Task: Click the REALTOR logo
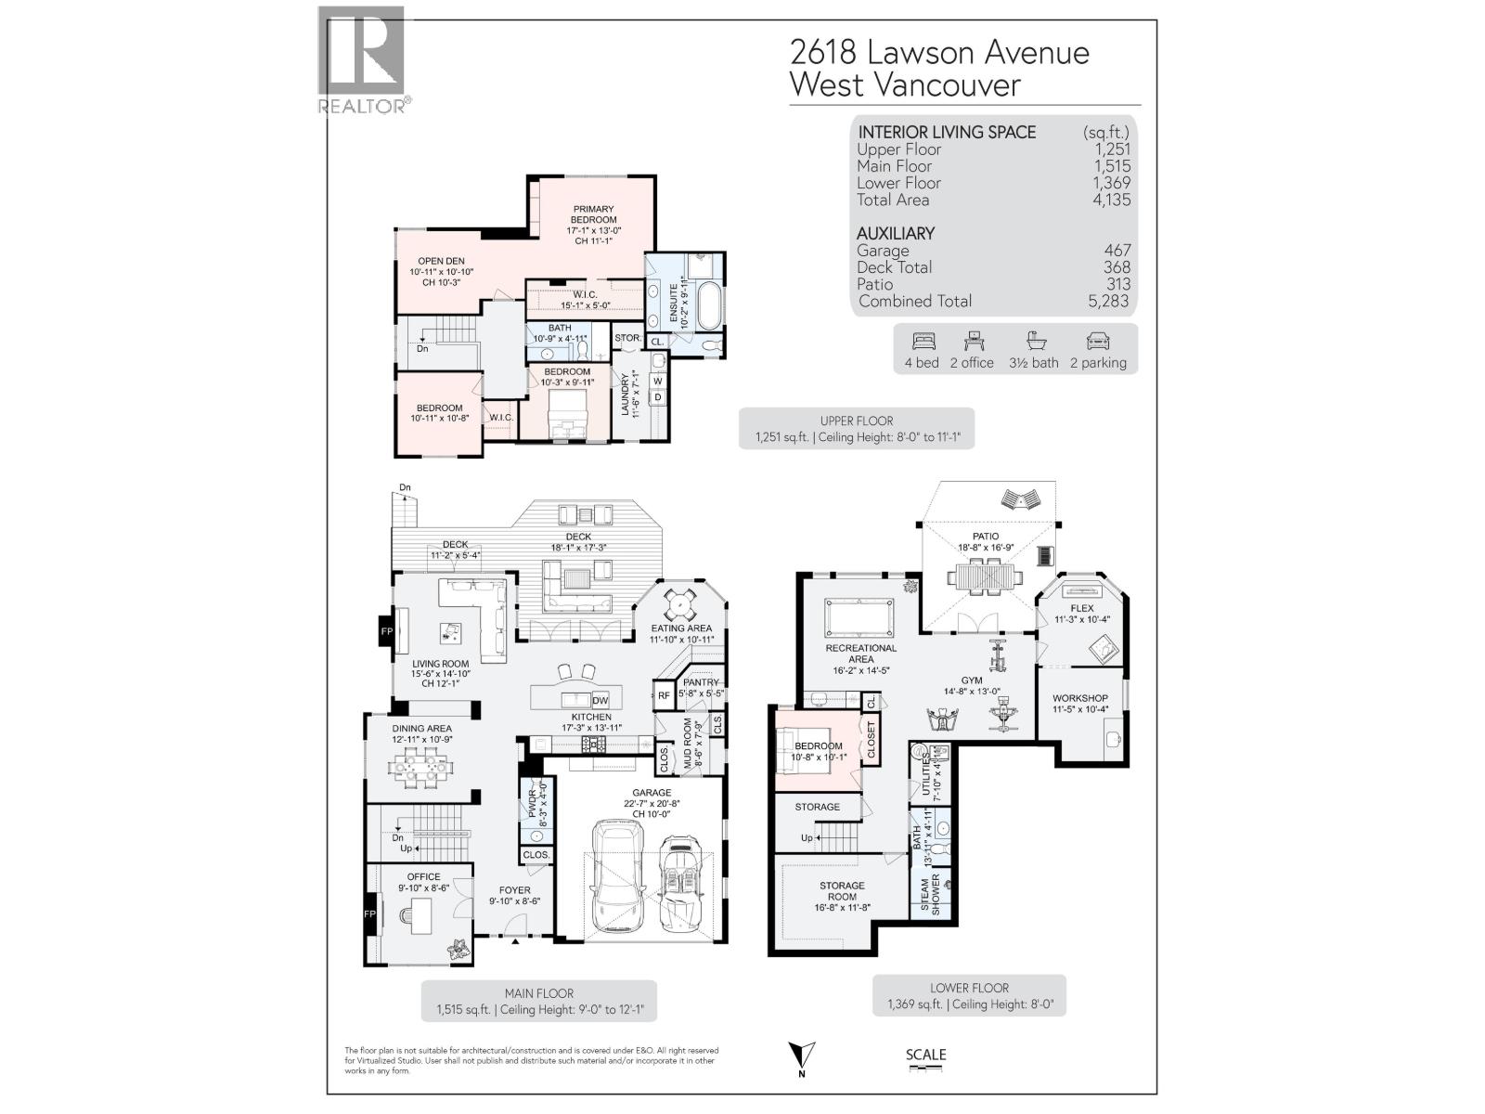point(362,60)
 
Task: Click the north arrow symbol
point(801,1056)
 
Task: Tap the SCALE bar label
point(925,1055)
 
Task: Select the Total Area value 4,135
point(1111,200)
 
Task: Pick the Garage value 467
point(1117,251)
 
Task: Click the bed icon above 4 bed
point(923,341)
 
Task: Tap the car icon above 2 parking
point(1098,341)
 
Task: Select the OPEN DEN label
point(441,261)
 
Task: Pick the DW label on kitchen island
point(600,701)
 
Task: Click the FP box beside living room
point(386,631)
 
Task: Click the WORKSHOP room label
point(1079,698)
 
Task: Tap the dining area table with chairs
point(422,766)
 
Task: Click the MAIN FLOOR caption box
point(538,1001)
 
